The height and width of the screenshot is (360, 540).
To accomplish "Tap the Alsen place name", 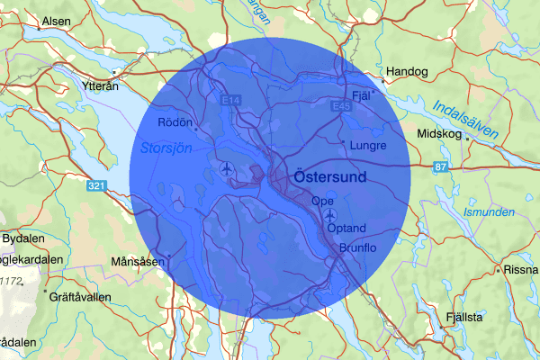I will point(55,21).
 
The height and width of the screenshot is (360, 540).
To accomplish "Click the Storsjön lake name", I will point(166,148).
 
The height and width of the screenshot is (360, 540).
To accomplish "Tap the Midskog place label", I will point(439,134).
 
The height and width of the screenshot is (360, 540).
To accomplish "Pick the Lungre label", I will point(371,145).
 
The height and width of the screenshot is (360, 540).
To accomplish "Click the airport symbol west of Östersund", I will point(225,168).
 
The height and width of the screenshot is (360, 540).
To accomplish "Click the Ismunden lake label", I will point(489,212).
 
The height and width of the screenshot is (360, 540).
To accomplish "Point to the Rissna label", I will point(521,269).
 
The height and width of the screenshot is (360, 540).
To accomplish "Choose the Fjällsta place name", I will point(464,318).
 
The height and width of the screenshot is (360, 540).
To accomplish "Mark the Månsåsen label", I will point(138,262).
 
